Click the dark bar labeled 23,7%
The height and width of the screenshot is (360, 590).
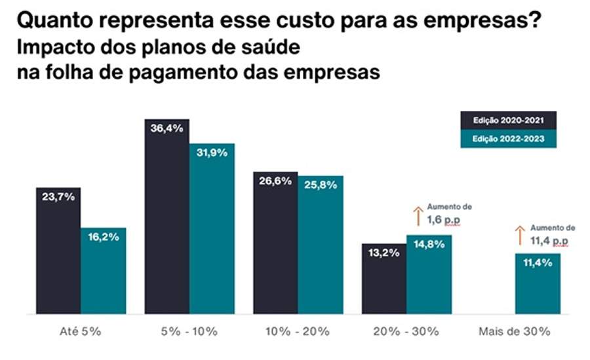(x=58, y=249)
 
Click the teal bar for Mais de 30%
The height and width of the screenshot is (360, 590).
(x=538, y=283)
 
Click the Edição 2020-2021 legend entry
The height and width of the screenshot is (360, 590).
(x=508, y=120)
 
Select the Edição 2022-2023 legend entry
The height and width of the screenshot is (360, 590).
(x=508, y=139)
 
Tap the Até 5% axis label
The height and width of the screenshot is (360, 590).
(x=81, y=332)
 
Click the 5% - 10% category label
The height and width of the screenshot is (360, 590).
(x=189, y=332)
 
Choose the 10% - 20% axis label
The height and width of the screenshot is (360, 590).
(x=298, y=332)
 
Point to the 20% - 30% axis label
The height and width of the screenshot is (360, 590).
(x=406, y=332)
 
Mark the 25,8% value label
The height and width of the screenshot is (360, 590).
(x=321, y=186)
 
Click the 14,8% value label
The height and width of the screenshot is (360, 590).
(x=429, y=244)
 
